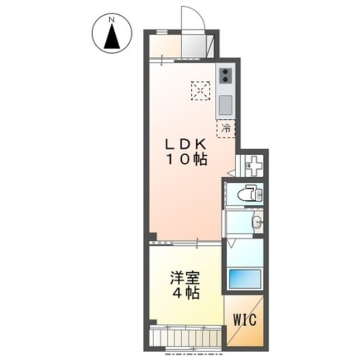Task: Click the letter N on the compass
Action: [111, 20]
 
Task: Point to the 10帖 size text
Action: [185, 159]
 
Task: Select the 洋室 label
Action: [185, 278]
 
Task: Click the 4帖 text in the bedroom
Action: [185, 293]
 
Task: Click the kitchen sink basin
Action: [226, 105]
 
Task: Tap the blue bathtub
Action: [245, 278]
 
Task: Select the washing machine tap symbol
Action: [254, 166]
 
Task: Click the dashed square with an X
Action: [200, 90]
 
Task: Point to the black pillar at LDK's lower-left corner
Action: [152, 236]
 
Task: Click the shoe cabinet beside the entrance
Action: [211, 46]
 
